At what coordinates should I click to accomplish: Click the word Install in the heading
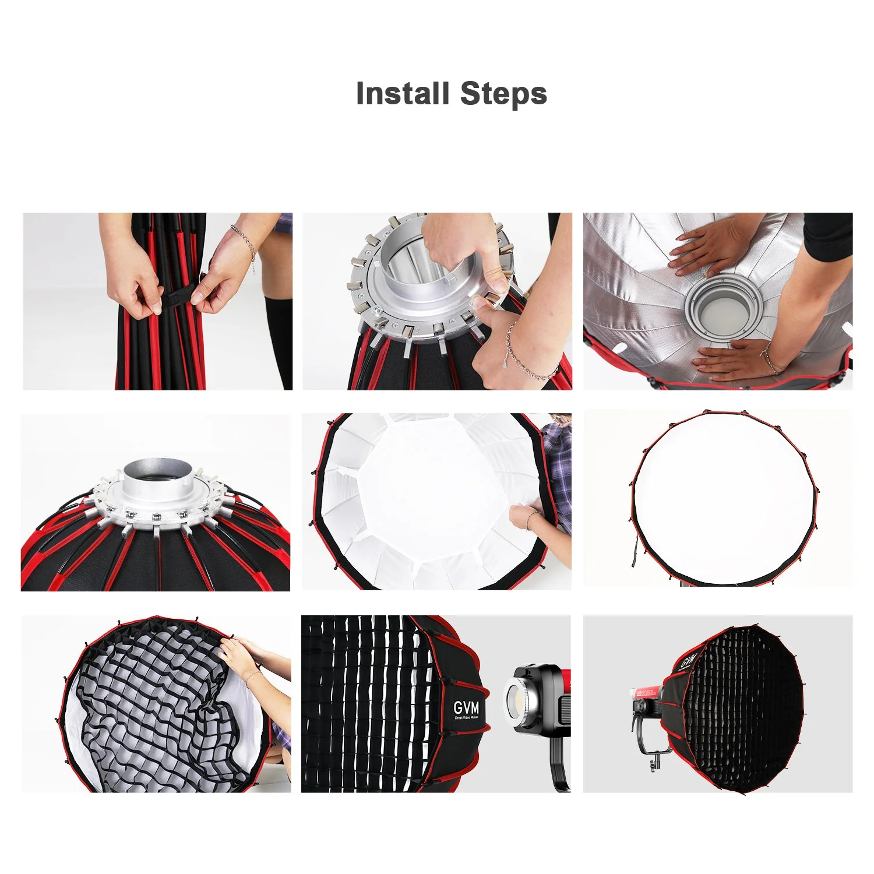click(402, 94)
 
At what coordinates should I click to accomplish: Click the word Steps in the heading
click(503, 94)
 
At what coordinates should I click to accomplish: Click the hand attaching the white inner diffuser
click(524, 516)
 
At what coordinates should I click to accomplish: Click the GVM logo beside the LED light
click(466, 708)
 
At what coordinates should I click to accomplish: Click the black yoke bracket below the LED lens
click(558, 763)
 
